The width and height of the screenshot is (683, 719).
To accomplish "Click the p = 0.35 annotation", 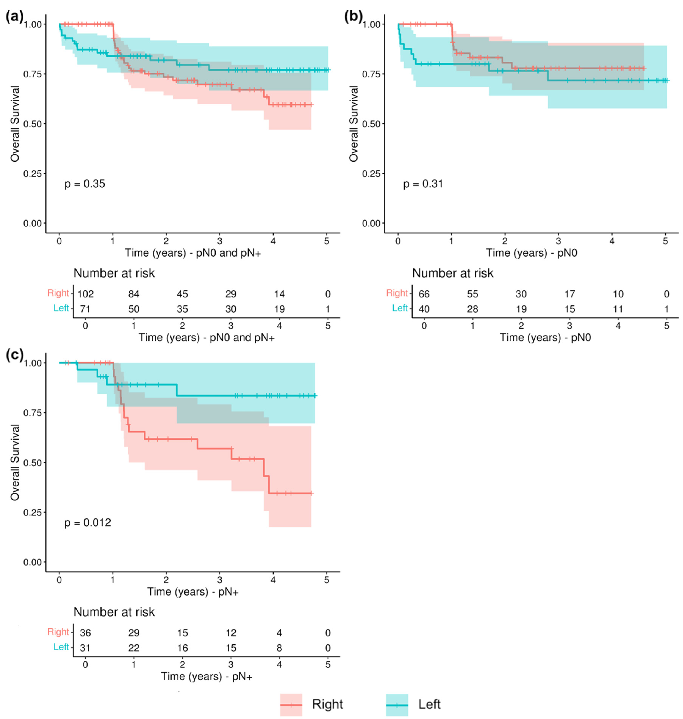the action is click(x=85, y=184).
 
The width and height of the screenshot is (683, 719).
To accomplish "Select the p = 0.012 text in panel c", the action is click(x=88, y=523).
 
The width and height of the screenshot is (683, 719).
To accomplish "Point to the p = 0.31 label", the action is click(x=423, y=184).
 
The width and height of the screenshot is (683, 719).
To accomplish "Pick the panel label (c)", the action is click(x=15, y=355).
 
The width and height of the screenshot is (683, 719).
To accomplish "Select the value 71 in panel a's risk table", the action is click(x=85, y=309).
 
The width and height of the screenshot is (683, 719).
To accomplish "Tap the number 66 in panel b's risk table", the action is click(x=424, y=294).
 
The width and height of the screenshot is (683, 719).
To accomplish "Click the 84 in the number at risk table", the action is click(x=134, y=294).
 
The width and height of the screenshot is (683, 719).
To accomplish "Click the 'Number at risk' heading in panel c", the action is click(x=114, y=612).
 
